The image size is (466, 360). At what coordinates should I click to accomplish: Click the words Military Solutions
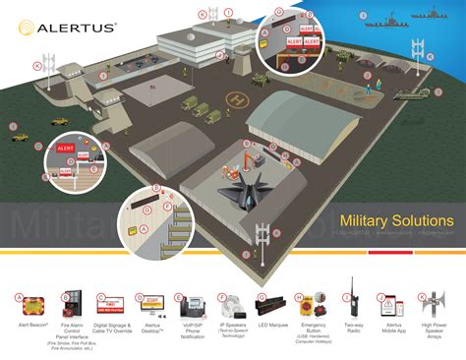(395, 220)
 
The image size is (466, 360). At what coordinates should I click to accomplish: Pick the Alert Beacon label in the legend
(32, 324)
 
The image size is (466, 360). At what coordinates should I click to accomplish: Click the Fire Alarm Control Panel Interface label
(71, 329)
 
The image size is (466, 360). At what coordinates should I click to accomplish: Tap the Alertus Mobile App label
(392, 327)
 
